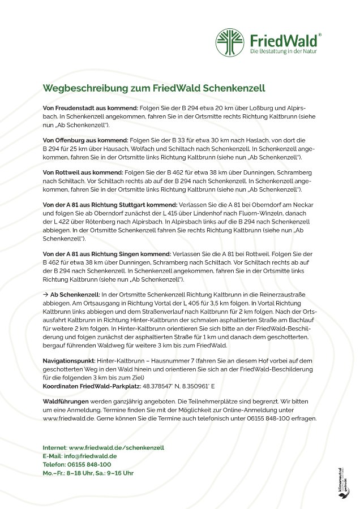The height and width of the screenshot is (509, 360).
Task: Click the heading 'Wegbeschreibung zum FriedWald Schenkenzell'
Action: coord(154,89)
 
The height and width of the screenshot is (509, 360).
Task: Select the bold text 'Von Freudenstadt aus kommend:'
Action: coord(82,107)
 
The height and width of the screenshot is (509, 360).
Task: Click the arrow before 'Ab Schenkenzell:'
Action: coord(46,295)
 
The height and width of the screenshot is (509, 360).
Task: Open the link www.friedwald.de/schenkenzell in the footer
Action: coord(116,447)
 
